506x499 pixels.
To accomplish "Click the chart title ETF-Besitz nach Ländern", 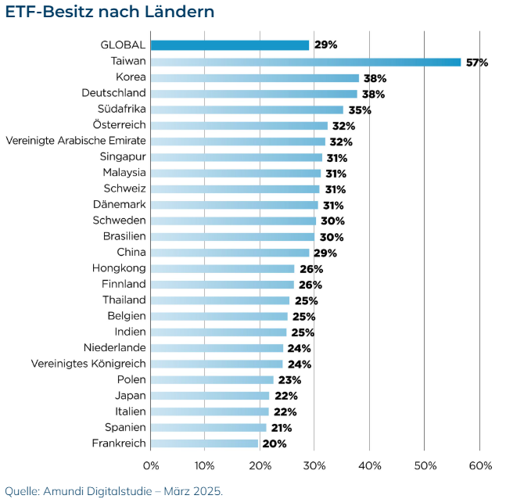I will tap(109, 13).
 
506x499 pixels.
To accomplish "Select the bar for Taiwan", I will tap(305, 62).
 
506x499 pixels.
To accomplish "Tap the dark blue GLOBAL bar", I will tap(229, 45).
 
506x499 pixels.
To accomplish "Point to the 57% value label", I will tap(476, 63).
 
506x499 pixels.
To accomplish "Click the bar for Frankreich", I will tap(204, 443).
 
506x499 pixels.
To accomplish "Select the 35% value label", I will tap(360, 110).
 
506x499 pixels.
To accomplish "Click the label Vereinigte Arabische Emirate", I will tap(76, 141).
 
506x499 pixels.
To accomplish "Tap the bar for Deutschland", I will tap(253, 94).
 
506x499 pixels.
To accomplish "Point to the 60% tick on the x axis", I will tap(480, 466).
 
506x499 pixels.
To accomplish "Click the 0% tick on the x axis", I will tap(150, 466).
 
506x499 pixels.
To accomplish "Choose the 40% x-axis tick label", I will tap(370, 466).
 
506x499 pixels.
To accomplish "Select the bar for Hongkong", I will tap(222, 268).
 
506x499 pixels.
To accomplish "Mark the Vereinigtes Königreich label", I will tap(88, 364).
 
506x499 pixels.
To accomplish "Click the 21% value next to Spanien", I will tap(282, 428).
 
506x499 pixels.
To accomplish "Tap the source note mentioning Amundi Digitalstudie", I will tap(114, 490).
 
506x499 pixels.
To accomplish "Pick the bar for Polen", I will tap(212, 379).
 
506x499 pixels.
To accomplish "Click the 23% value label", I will tap(289, 380).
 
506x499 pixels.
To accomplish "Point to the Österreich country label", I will tap(119, 125).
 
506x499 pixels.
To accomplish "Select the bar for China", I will tap(229, 253).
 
